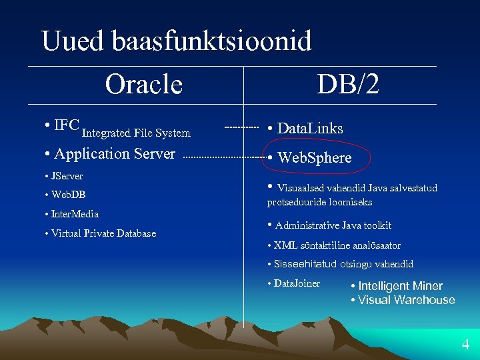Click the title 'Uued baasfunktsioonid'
176,41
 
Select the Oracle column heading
143,84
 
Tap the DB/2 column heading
348,84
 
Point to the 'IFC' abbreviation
67,125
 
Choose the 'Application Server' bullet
114,154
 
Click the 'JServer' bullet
67,177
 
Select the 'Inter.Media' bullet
75,214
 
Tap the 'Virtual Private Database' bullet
103,233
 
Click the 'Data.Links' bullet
309,128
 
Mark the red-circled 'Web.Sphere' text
314,158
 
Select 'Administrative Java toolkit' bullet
333,225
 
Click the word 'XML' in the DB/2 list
285,245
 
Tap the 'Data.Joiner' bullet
297,283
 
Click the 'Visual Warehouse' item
406,300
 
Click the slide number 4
465,345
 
